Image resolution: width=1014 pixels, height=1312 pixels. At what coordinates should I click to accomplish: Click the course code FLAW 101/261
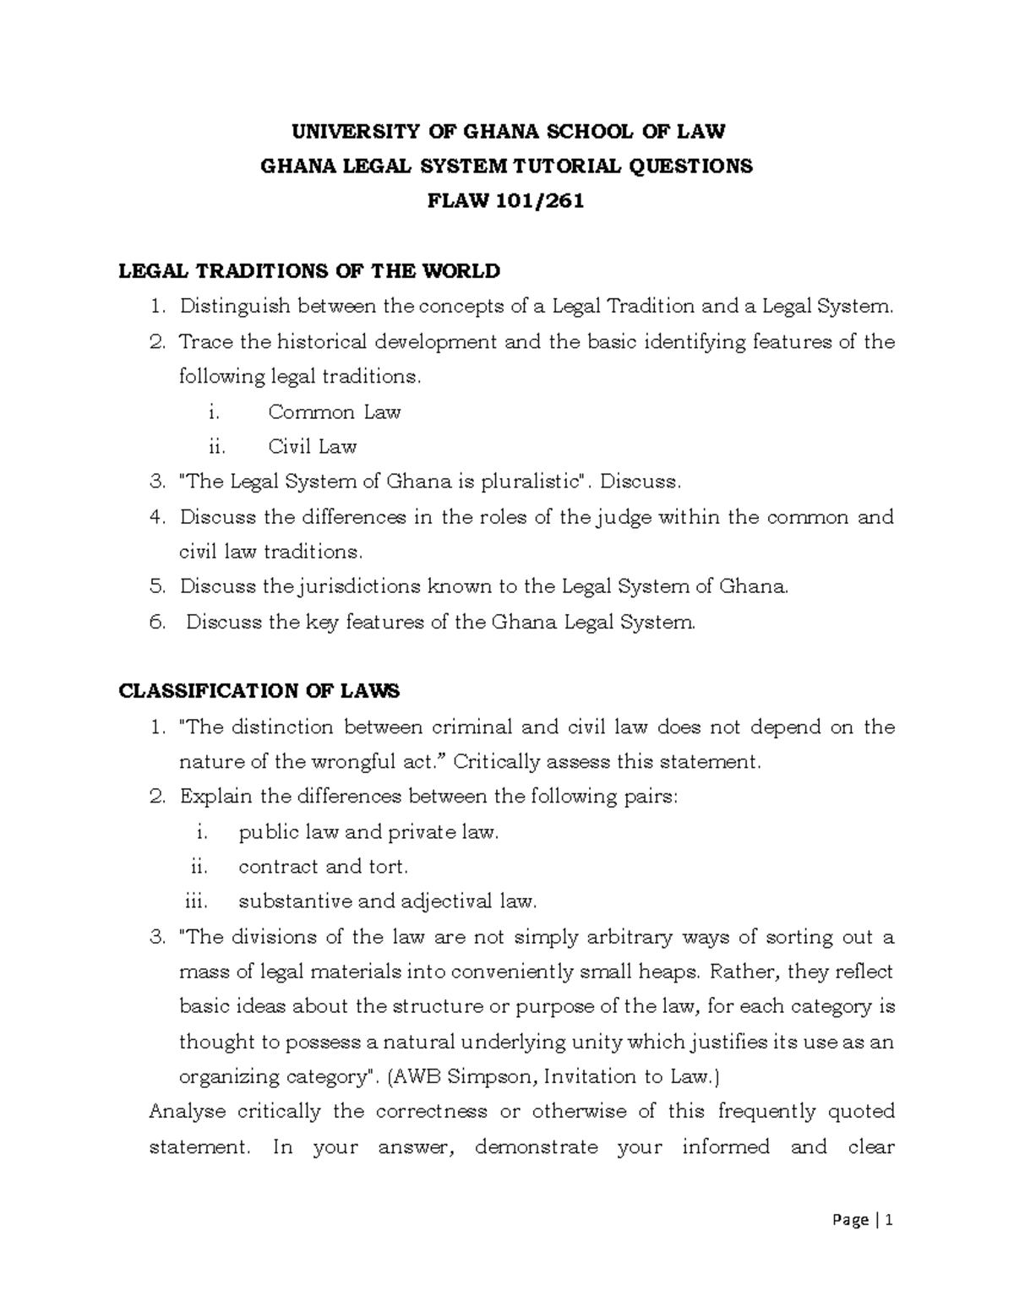pos(507,202)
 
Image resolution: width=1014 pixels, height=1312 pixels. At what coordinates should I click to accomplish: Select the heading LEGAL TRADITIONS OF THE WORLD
pos(309,271)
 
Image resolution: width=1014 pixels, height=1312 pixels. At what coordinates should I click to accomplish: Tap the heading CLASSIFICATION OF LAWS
pos(259,691)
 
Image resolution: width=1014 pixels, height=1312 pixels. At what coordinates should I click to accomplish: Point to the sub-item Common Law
pos(334,412)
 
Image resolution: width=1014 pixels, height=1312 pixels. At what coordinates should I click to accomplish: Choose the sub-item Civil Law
pos(312,447)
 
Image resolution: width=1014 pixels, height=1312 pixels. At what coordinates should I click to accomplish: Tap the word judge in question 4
pos(624,517)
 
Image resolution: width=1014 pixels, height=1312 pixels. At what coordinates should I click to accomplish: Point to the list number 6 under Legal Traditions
pos(155,623)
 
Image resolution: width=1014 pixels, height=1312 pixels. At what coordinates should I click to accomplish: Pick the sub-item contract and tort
pos(324,867)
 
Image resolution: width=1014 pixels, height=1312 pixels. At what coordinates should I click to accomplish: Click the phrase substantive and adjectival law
pos(387,901)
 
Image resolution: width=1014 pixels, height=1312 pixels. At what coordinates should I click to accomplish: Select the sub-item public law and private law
pos(368,832)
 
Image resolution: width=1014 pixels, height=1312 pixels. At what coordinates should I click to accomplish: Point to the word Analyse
pos(187,1112)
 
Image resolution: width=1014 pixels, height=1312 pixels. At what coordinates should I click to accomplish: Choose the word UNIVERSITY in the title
pos(355,131)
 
